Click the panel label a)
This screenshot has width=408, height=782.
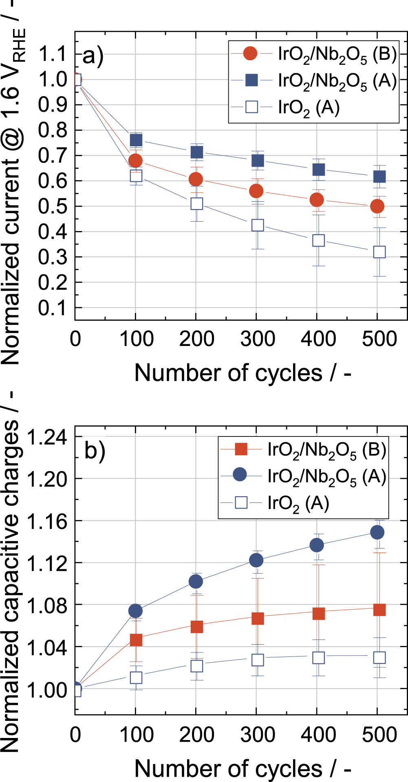click(x=93, y=56)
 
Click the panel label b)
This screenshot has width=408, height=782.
click(x=95, y=452)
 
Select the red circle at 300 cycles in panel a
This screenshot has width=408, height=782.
click(x=256, y=191)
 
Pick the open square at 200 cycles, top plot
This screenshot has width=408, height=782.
click(x=196, y=204)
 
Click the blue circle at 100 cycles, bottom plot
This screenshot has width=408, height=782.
click(x=135, y=610)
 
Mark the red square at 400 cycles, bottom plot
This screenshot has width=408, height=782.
click(x=319, y=613)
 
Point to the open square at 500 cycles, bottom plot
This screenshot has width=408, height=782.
click(x=379, y=657)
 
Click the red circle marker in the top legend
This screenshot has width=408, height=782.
click(x=250, y=53)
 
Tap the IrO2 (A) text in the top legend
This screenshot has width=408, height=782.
click(x=309, y=108)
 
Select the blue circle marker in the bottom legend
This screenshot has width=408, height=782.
click(x=240, y=475)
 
